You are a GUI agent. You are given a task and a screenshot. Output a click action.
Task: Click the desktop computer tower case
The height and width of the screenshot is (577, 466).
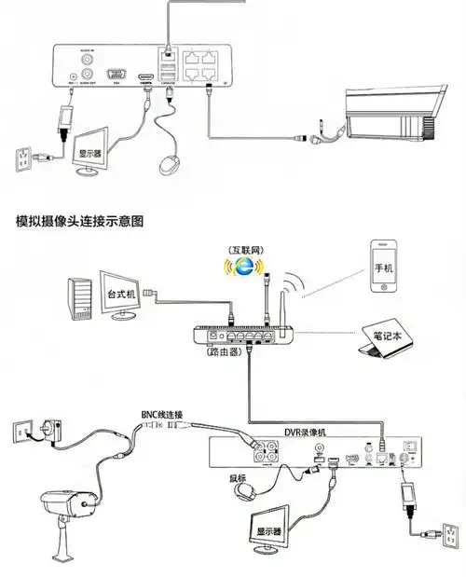[x=79, y=300]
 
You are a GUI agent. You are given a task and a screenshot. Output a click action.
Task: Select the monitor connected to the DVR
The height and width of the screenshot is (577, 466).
[x=269, y=524]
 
